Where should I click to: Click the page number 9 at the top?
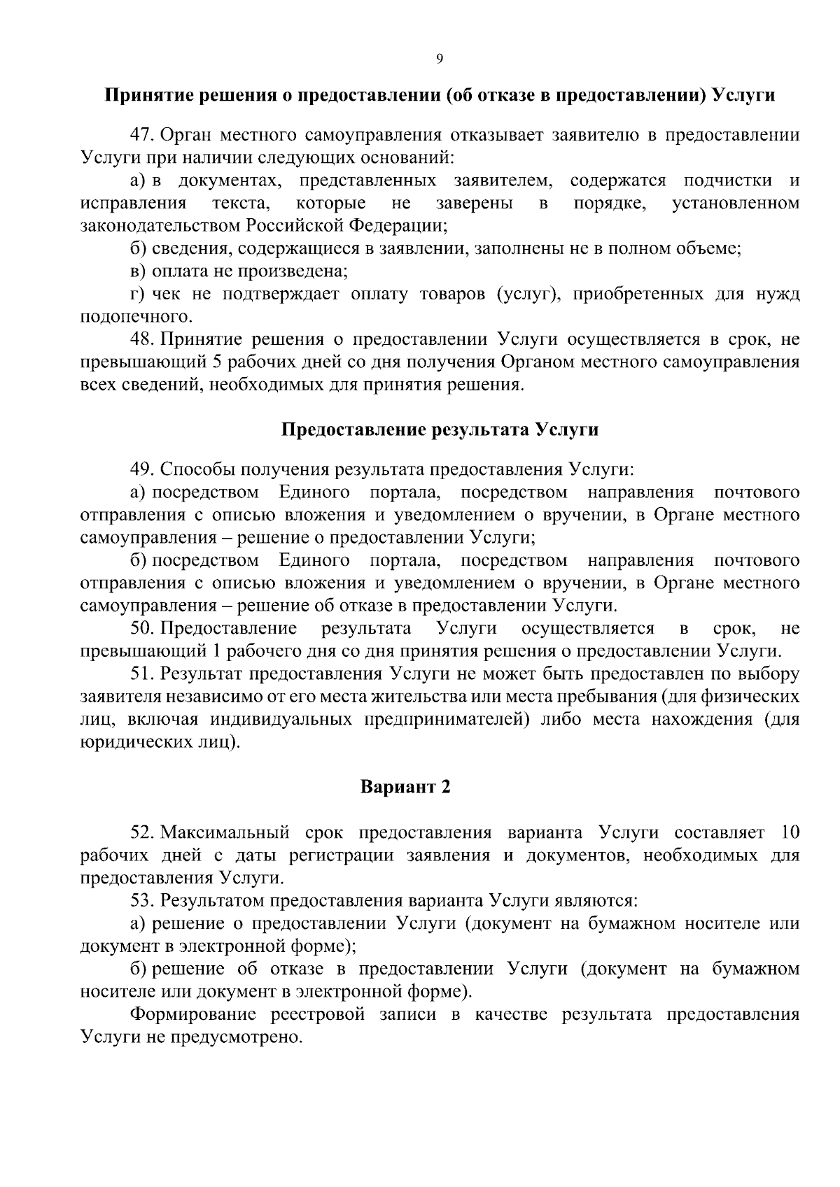(440, 59)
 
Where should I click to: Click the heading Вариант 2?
(405, 787)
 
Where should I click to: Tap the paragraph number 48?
(143, 340)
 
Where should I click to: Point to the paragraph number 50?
(143, 628)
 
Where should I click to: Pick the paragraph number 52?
(143, 832)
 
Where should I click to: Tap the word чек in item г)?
(166, 294)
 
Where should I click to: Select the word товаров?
(450, 294)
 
